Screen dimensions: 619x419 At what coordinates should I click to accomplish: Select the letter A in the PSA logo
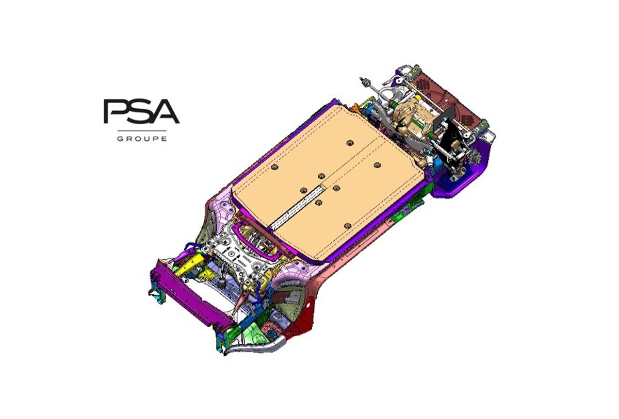[x=165, y=111]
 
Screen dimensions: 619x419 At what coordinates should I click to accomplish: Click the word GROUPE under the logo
[x=142, y=139]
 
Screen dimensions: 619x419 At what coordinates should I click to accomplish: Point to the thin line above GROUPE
[x=142, y=130]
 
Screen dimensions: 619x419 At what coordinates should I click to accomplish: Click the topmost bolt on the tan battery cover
[x=350, y=143]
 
